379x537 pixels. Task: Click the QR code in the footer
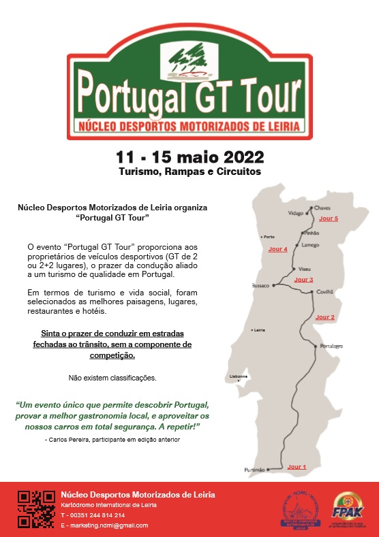[35, 509]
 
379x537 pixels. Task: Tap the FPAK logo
[348, 509]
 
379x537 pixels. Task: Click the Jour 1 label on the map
[297, 467]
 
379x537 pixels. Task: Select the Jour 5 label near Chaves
[329, 218]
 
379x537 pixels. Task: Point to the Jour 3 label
[303, 280]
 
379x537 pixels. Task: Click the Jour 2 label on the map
[324, 317]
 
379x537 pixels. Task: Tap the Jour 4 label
[277, 250]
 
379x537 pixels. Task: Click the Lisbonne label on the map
[239, 377]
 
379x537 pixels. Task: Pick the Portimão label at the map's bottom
[254, 470]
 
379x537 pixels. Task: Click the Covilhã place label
[325, 291]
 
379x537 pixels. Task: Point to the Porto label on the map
[269, 237]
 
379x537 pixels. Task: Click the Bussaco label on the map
[261, 286]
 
